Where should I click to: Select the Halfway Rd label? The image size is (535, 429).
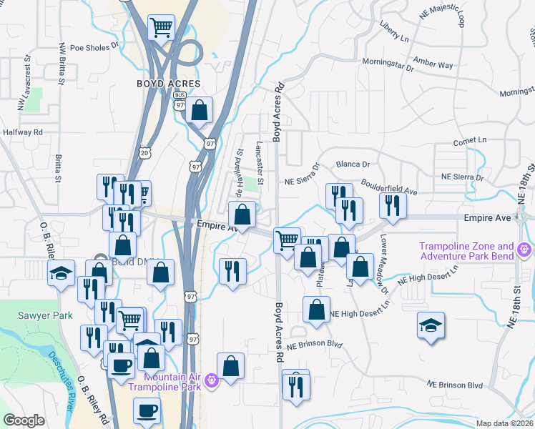click(x=23, y=132)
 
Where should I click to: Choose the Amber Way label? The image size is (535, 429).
click(x=436, y=65)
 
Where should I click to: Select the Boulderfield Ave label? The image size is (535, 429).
click(x=389, y=187)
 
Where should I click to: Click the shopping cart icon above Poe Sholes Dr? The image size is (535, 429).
click(x=162, y=28)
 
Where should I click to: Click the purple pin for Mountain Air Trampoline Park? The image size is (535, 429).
click(x=212, y=382)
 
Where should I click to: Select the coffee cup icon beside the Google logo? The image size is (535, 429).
click(x=147, y=410)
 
